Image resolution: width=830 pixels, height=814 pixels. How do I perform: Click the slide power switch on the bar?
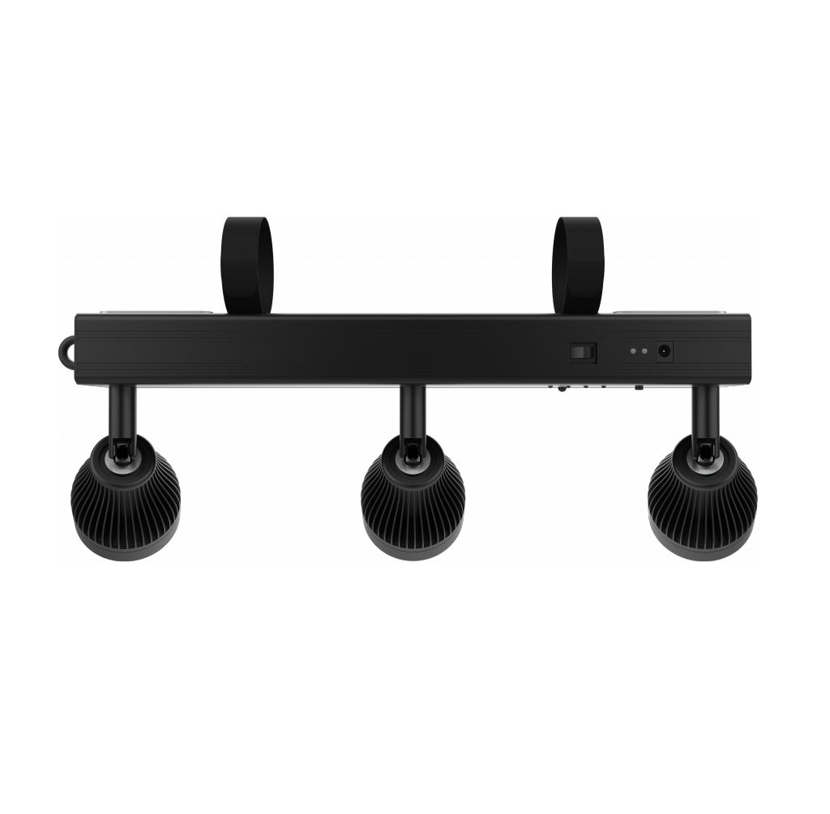point(582,351)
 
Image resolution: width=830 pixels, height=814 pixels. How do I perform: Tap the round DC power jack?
point(665,351)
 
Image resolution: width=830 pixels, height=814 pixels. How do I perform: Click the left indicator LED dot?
point(633,352)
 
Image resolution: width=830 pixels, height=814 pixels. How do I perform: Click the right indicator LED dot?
point(645,352)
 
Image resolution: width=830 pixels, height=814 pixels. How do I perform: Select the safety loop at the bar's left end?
point(66,352)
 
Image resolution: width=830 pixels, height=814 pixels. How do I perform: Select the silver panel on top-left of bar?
point(187,312)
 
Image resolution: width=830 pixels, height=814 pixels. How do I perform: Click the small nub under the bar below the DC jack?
point(639,387)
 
